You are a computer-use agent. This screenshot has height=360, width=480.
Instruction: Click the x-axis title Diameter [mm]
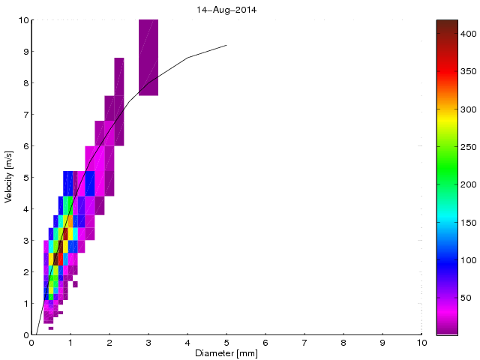point(226,353)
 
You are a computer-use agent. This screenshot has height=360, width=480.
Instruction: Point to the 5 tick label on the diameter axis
point(226,343)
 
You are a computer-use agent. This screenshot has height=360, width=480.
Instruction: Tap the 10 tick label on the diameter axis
point(421,343)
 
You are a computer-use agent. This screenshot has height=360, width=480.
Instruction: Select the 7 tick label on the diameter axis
point(304,343)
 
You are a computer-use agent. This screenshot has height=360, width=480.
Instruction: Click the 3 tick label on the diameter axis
point(148,343)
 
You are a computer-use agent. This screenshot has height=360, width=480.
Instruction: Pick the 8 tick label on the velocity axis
point(25,83)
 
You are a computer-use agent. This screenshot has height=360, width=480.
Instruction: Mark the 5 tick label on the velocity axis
point(25,178)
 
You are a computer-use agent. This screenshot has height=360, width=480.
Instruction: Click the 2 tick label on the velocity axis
point(25,272)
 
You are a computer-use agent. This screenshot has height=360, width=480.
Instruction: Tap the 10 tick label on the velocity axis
point(22,20)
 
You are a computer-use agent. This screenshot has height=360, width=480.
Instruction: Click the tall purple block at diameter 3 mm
point(148,58)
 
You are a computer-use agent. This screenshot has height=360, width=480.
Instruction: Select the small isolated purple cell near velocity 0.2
point(51,328)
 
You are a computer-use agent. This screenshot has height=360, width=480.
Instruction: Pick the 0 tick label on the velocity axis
point(25,335)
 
